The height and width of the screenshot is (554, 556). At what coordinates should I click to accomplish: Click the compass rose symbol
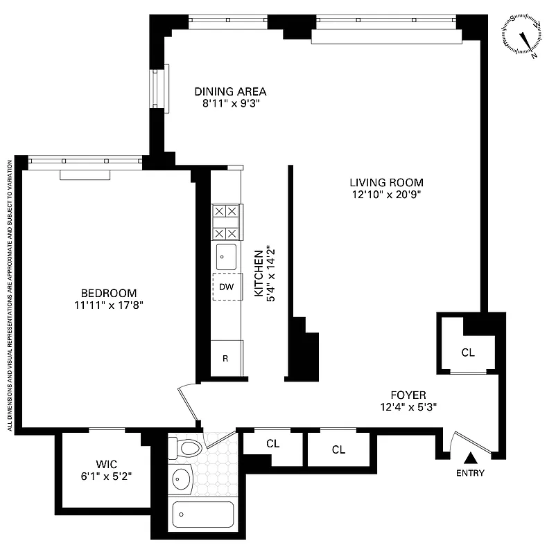click(x=524, y=35)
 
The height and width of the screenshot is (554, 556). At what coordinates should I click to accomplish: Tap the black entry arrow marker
click(x=471, y=458)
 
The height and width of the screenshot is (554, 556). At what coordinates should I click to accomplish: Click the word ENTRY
click(x=470, y=474)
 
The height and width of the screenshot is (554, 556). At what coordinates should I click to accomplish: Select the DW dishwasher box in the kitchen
click(x=227, y=287)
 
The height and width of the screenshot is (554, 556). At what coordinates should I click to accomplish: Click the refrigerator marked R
click(x=226, y=359)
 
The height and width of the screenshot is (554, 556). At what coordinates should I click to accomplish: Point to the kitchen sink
click(x=226, y=257)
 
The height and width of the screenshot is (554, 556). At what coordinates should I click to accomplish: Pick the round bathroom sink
click(x=182, y=478)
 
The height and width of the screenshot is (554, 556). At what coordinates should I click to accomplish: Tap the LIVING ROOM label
click(x=386, y=183)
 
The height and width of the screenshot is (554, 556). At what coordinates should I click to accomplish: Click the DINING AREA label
click(x=230, y=91)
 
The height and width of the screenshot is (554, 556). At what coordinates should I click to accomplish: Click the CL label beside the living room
click(x=468, y=352)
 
